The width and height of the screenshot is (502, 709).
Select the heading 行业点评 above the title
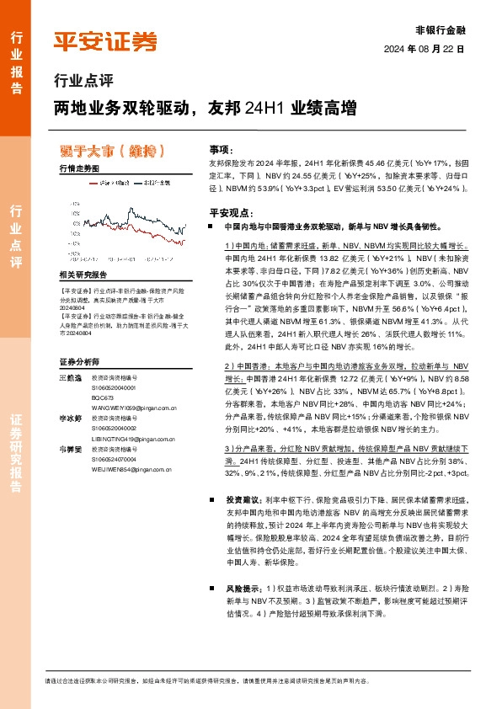point(83,83)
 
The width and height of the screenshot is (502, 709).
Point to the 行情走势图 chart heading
point(79,168)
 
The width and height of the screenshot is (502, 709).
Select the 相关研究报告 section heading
point(83,275)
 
